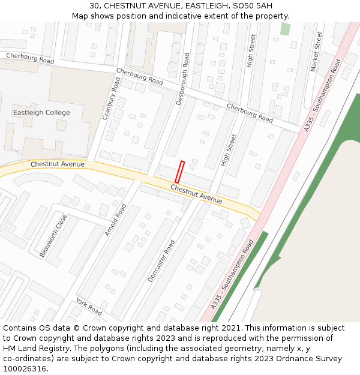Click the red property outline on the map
pyautogui.click(x=179, y=172)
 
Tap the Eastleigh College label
pyautogui.click(x=41, y=113)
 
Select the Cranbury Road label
pyautogui.click(x=111, y=98)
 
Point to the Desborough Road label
pyautogui.click(x=183, y=79)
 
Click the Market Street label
pyautogui.click(x=317, y=52)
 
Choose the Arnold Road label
pyautogui.click(x=116, y=220)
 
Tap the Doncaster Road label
pyautogui.click(x=161, y=261)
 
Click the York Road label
pyautogui.click(x=89, y=307)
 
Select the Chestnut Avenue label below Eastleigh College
pyautogui.click(x=58, y=164)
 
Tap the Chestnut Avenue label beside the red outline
pyautogui.click(x=196, y=194)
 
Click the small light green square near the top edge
pyautogui.click(x=285, y=29)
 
